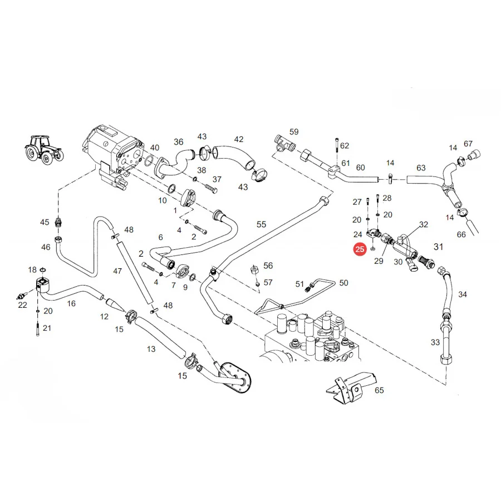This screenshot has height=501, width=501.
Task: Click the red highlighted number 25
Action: [x=360, y=249]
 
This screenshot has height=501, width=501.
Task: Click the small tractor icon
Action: [x=44, y=150]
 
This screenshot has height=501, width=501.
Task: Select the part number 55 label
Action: [x=261, y=225]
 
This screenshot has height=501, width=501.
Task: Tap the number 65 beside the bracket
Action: [x=379, y=390]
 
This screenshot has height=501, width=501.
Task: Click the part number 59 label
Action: [x=294, y=131]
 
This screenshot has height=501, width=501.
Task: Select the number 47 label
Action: [x=117, y=271]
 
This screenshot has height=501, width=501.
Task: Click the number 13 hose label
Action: [x=151, y=349]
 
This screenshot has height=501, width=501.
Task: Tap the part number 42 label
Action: [x=239, y=139]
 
